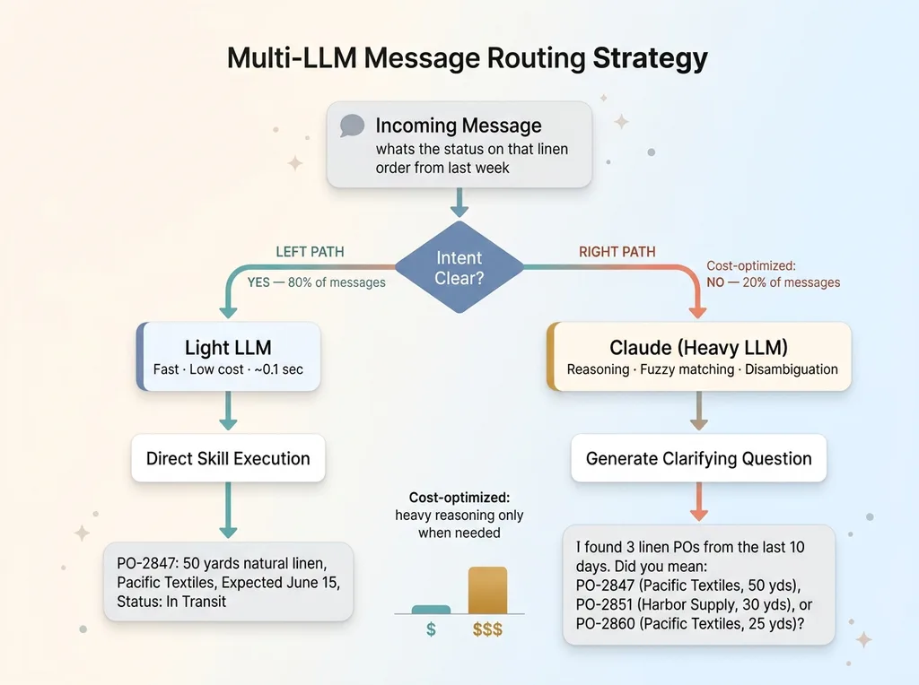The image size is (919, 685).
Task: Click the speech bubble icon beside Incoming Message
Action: pyautogui.click(x=352, y=126)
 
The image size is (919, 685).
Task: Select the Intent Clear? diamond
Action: pyautogui.click(x=459, y=267)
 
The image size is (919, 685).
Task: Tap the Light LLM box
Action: pyautogui.click(x=228, y=357)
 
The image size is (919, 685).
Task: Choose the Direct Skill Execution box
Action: pyautogui.click(x=228, y=458)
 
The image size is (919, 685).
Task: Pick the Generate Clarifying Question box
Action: pyautogui.click(x=698, y=458)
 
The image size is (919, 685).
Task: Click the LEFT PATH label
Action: pyautogui.click(x=309, y=252)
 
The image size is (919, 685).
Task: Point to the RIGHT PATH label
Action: pyautogui.click(x=617, y=252)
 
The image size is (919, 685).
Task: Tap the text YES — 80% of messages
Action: pyautogui.click(x=316, y=282)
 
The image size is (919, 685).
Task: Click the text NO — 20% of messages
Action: pyautogui.click(x=774, y=282)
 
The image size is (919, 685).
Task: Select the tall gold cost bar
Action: pyautogui.click(x=487, y=590)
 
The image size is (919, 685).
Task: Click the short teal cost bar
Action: pyautogui.click(x=431, y=610)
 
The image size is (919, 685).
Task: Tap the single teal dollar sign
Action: pyautogui.click(x=431, y=629)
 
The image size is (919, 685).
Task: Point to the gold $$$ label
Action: pyautogui.click(x=487, y=629)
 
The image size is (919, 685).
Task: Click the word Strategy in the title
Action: pyautogui.click(x=650, y=58)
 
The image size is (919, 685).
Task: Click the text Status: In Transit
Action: pyautogui.click(x=171, y=602)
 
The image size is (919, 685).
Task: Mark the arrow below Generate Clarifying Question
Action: pyautogui.click(x=698, y=502)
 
